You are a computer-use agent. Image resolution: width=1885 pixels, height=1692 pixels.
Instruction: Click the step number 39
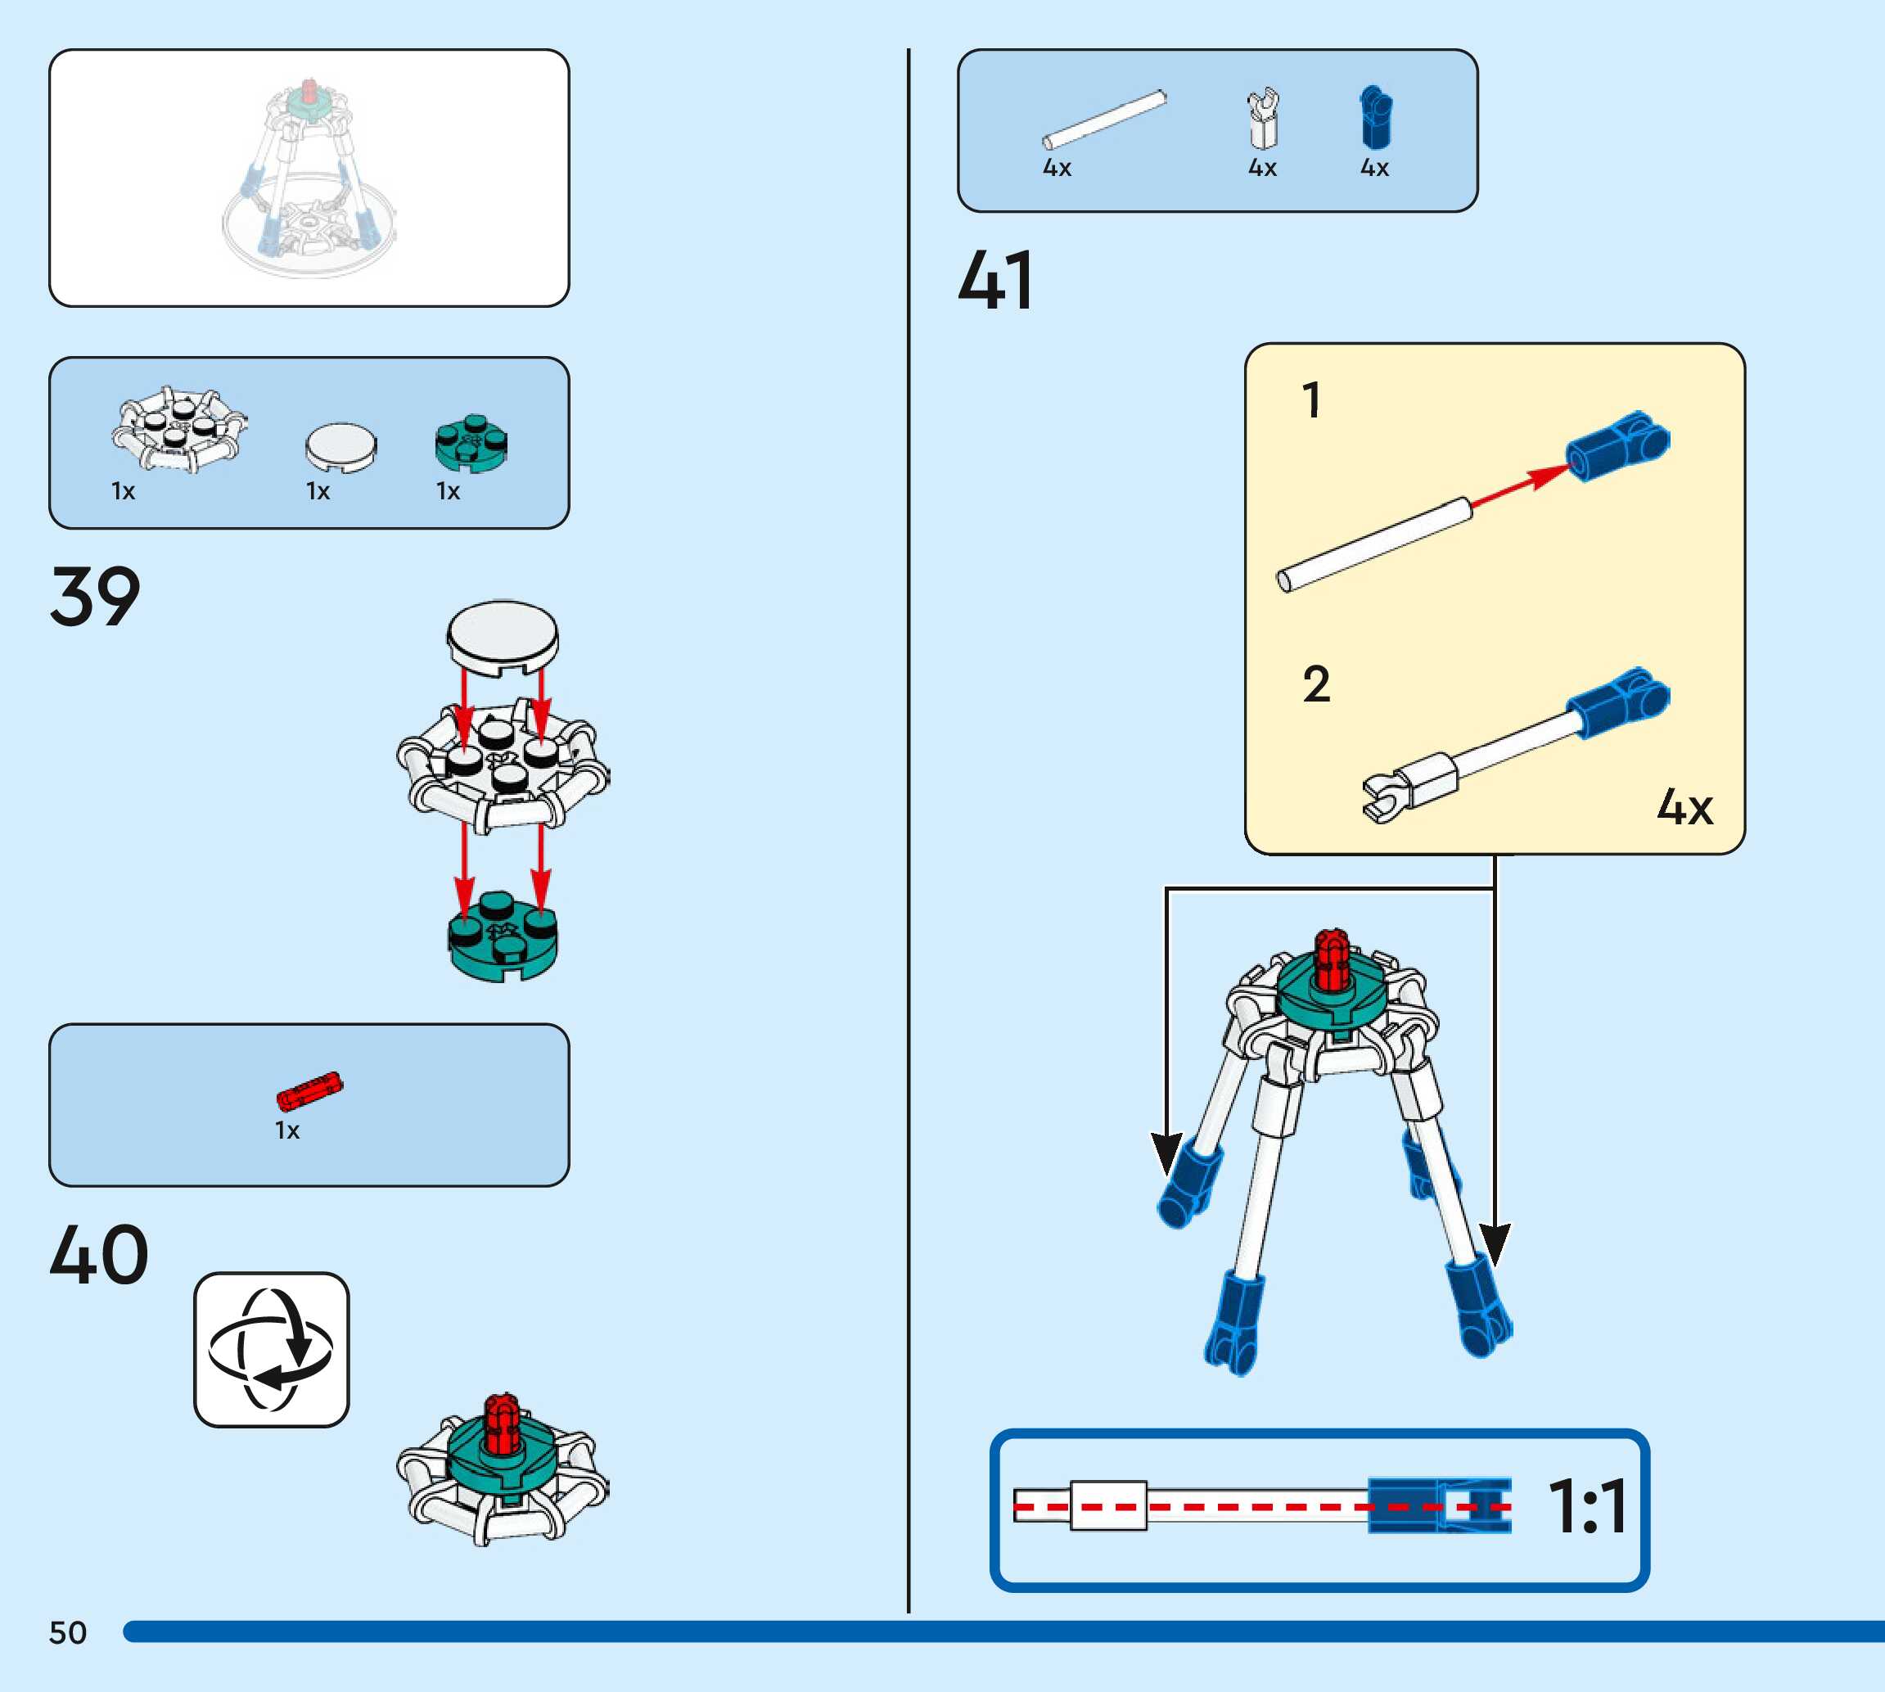pos(95,597)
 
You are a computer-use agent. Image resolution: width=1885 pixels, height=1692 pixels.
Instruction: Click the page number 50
pos(68,1632)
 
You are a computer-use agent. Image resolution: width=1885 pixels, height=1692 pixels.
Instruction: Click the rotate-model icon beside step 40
pos(272,1349)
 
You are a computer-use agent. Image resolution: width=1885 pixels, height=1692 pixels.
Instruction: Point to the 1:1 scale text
pos(1588,1507)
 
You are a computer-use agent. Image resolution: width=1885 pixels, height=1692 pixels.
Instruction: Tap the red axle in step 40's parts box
pos(309,1091)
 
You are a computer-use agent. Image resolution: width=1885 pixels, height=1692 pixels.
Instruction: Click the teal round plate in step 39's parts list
pos(471,444)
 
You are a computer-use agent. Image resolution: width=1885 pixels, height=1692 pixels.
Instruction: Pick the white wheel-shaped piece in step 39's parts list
pos(179,430)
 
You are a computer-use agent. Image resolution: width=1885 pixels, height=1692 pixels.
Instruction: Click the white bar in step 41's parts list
pos(1104,119)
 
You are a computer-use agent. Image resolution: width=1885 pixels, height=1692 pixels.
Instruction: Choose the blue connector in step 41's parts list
pos(1376,118)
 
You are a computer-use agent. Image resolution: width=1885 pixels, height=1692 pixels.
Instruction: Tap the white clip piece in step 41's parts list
pos(1263,118)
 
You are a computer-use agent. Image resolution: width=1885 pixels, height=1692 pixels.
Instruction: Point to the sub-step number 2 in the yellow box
pos(1316,684)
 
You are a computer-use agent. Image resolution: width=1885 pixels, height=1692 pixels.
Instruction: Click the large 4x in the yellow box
pos(1684,806)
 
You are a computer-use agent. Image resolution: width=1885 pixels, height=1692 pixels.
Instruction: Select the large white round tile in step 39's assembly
pos(503,635)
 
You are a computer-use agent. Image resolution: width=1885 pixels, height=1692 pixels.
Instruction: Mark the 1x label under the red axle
pos(287,1130)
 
